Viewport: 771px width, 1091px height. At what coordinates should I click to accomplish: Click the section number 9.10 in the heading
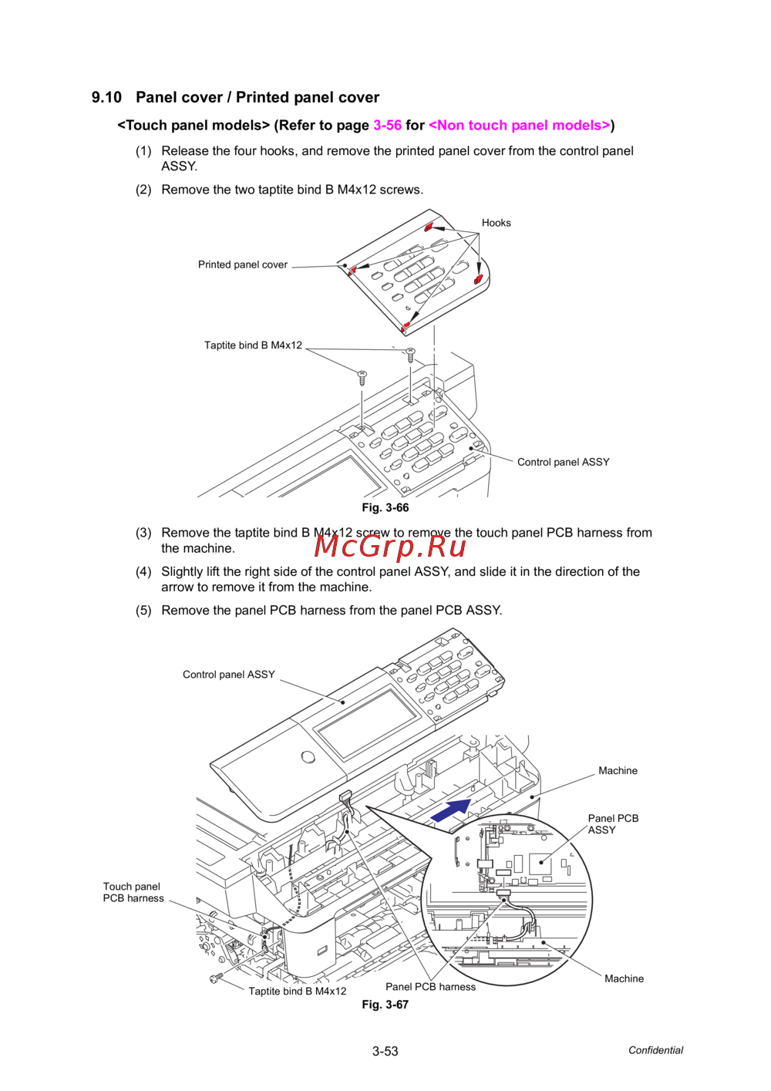(106, 98)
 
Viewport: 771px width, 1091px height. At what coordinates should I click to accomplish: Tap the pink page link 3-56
(387, 126)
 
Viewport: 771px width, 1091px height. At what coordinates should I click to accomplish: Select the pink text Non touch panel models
(519, 126)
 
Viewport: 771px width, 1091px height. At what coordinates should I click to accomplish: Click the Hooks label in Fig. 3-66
(496, 223)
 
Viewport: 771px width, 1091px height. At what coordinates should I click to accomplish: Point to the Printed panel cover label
(242, 264)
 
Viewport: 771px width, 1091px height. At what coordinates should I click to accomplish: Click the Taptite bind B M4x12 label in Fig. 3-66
(253, 345)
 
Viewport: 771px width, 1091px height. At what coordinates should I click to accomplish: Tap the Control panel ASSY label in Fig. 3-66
(563, 462)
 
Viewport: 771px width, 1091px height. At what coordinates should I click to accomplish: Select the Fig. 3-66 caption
(385, 507)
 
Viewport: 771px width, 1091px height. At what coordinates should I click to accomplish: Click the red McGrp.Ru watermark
(390, 546)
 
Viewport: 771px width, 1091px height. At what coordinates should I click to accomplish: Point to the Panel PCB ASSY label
(613, 824)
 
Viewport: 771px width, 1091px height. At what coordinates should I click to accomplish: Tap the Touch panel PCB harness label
(133, 892)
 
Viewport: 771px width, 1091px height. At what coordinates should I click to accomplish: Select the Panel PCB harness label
(430, 987)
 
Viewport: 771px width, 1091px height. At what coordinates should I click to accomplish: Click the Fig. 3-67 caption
(385, 1005)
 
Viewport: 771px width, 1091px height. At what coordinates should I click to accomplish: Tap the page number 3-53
(385, 1051)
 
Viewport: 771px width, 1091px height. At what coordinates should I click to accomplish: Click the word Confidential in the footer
(655, 1050)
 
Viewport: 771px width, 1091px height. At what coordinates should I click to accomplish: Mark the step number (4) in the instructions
(143, 572)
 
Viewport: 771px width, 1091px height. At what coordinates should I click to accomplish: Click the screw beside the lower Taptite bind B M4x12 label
(216, 978)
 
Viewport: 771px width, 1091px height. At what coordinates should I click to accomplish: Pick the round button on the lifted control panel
(308, 756)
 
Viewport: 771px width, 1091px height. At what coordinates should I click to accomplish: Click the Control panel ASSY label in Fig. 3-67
(228, 675)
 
